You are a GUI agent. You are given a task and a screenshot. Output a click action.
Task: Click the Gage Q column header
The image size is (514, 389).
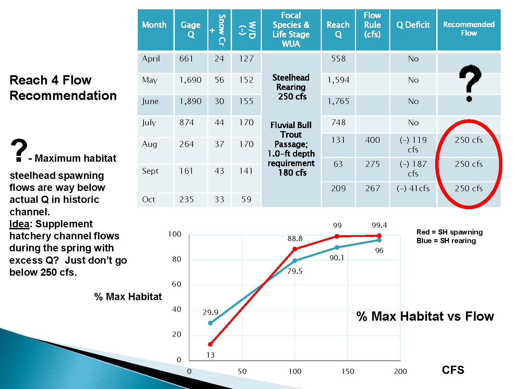(x=191, y=30)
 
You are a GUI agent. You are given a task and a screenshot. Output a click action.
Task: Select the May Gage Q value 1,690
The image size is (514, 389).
(x=190, y=80)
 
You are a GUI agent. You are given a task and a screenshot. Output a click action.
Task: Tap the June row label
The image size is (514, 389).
(x=150, y=101)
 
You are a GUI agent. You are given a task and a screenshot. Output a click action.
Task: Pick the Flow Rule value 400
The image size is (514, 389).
(x=372, y=140)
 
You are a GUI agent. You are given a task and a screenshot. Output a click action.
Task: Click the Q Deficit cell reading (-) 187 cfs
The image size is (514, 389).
(x=413, y=169)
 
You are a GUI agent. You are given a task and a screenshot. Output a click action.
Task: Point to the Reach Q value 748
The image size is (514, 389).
(x=338, y=123)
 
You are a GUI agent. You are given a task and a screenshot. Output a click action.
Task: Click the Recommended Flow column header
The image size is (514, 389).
(x=469, y=29)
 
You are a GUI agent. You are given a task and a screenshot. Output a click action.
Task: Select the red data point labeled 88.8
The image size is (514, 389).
(x=295, y=249)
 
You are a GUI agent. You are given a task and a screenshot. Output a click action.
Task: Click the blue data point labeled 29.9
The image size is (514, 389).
(x=210, y=323)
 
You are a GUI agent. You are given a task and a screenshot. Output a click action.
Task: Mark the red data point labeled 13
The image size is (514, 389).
(x=210, y=344)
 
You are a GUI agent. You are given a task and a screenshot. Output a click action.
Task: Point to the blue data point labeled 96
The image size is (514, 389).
(x=379, y=240)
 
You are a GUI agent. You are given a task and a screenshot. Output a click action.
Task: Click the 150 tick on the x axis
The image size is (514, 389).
(x=348, y=371)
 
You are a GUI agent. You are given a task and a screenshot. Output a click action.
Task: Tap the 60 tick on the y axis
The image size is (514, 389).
(x=176, y=284)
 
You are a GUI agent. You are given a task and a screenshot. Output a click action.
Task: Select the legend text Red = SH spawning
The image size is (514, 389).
(x=450, y=232)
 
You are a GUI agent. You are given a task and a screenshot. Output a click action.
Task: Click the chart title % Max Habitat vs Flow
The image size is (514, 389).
(x=425, y=316)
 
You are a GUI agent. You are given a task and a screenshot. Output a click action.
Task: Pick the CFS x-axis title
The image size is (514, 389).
(x=453, y=370)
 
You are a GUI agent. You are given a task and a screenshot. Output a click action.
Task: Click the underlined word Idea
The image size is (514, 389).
(x=19, y=224)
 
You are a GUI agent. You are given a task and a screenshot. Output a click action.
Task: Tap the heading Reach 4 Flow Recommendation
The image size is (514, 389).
(x=63, y=88)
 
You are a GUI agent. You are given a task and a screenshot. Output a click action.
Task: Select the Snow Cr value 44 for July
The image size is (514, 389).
(x=219, y=123)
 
